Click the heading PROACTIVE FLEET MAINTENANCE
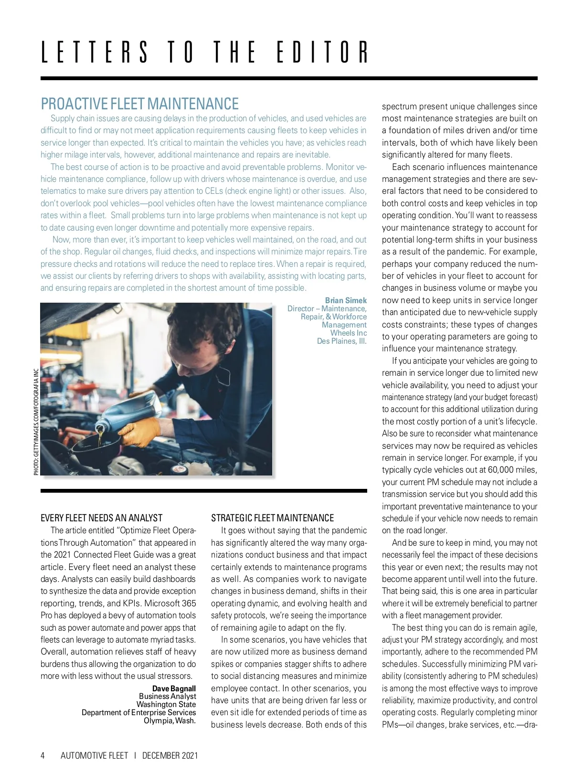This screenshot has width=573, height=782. [139, 104]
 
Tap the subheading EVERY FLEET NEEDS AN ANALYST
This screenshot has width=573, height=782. [101, 518]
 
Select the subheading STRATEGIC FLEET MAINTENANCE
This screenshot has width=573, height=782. [272, 518]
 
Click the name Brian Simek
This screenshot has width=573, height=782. [346, 300]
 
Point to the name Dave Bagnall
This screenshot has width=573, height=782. [174, 688]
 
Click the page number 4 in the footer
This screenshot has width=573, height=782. [42, 755]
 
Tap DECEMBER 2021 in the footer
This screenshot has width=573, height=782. [170, 755]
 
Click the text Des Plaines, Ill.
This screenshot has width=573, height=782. [341, 341]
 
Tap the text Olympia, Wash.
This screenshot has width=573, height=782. [170, 720]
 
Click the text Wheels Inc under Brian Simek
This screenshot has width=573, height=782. [348, 333]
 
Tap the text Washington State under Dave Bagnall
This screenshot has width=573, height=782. [166, 704]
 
